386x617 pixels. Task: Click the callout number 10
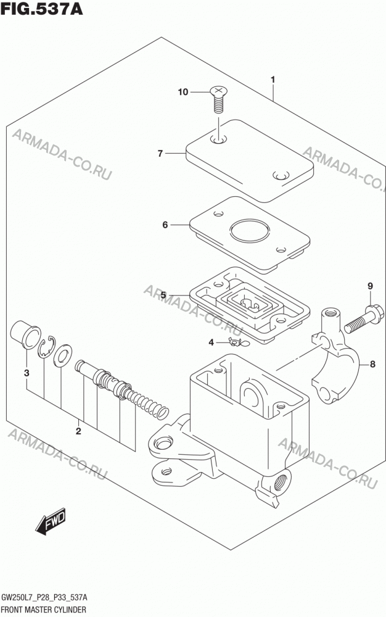pyautogui.click(x=183, y=92)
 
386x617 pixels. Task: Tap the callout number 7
pyautogui.click(x=160, y=154)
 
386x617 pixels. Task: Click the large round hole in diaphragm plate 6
pyautogui.click(x=250, y=230)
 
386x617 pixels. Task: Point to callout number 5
pyautogui.click(x=163, y=295)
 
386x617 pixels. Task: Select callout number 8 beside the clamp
pyautogui.click(x=372, y=365)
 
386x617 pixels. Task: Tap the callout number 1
pyautogui.click(x=273, y=80)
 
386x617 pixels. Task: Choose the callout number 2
pyautogui.click(x=78, y=431)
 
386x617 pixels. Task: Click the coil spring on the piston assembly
pyautogui.click(x=149, y=404)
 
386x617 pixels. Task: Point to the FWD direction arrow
pyautogui.click(x=51, y=522)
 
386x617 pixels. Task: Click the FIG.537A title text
pyautogui.click(x=42, y=9)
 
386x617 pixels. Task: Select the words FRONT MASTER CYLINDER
pyautogui.click(x=44, y=610)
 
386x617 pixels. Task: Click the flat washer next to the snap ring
pyautogui.click(x=62, y=356)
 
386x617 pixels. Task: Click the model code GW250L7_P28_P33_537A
pyautogui.click(x=45, y=598)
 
